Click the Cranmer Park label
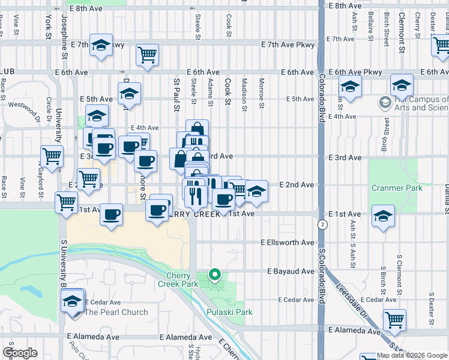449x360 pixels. coord(397,188)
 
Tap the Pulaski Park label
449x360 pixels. coord(229,312)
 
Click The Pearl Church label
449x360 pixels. coord(116,312)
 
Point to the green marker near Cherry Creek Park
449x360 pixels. coord(214,275)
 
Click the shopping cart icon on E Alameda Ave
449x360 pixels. coord(394,319)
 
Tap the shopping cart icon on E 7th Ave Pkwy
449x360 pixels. coord(147,55)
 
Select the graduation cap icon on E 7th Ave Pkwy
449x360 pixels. coord(101,45)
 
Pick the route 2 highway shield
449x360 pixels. coord(323,224)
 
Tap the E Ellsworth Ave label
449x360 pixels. coord(288,243)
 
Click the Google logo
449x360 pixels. coord(20,353)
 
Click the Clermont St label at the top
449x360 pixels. coord(400,27)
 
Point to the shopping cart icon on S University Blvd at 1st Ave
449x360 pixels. coord(66,202)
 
